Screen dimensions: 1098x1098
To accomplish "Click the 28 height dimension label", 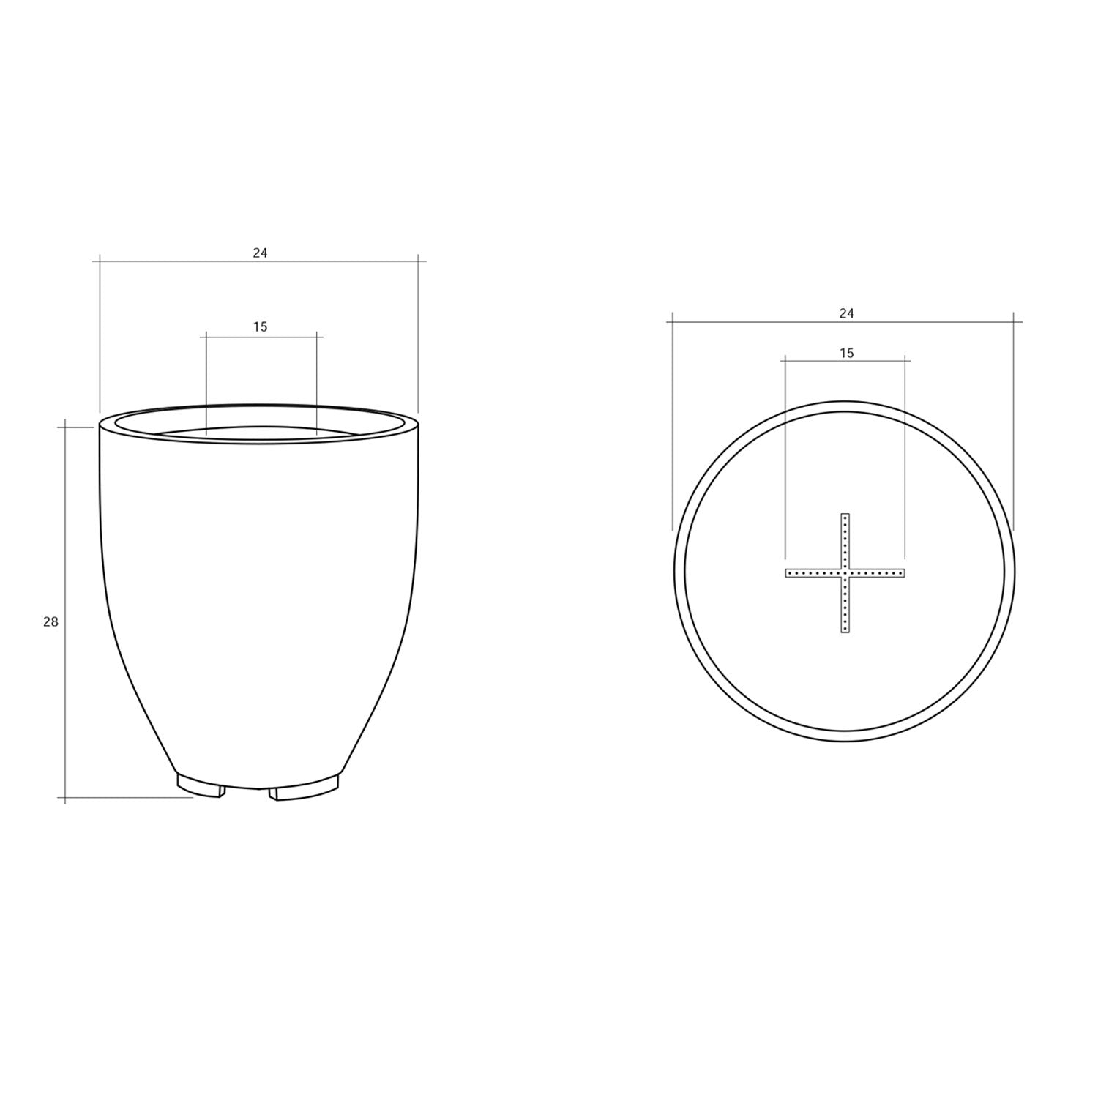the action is pos(51,622).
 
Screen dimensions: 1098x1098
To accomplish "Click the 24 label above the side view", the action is pos(261,253).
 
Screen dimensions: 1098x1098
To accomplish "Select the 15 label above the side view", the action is pos(261,327).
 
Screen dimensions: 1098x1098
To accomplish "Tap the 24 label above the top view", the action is pos(846,313).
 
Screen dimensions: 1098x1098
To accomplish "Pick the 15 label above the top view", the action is pos(846,354).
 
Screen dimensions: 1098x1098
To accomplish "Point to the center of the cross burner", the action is pos(845,572).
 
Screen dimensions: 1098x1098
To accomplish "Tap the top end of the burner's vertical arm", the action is pos(845,515).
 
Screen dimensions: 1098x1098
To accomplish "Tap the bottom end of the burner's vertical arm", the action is pos(845,631).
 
